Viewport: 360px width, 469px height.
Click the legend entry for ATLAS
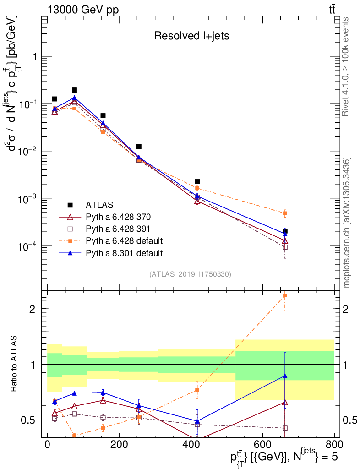(x=99, y=204)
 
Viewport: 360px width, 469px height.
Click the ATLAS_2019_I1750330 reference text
(x=190, y=274)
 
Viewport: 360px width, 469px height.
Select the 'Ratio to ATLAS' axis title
(x=14, y=364)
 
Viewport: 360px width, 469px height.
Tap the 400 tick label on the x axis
(x=190, y=445)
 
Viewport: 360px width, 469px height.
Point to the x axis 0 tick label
(x=47, y=445)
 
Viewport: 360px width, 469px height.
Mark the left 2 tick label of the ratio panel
(x=33, y=309)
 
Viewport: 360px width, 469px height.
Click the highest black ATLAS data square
(x=74, y=90)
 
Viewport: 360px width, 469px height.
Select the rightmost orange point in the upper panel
(x=285, y=213)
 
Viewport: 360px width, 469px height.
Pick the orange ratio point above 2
(x=285, y=296)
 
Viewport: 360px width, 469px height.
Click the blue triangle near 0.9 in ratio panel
(x=285, y=376)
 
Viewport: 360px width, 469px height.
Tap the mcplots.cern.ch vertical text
(x=347, y=223)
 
